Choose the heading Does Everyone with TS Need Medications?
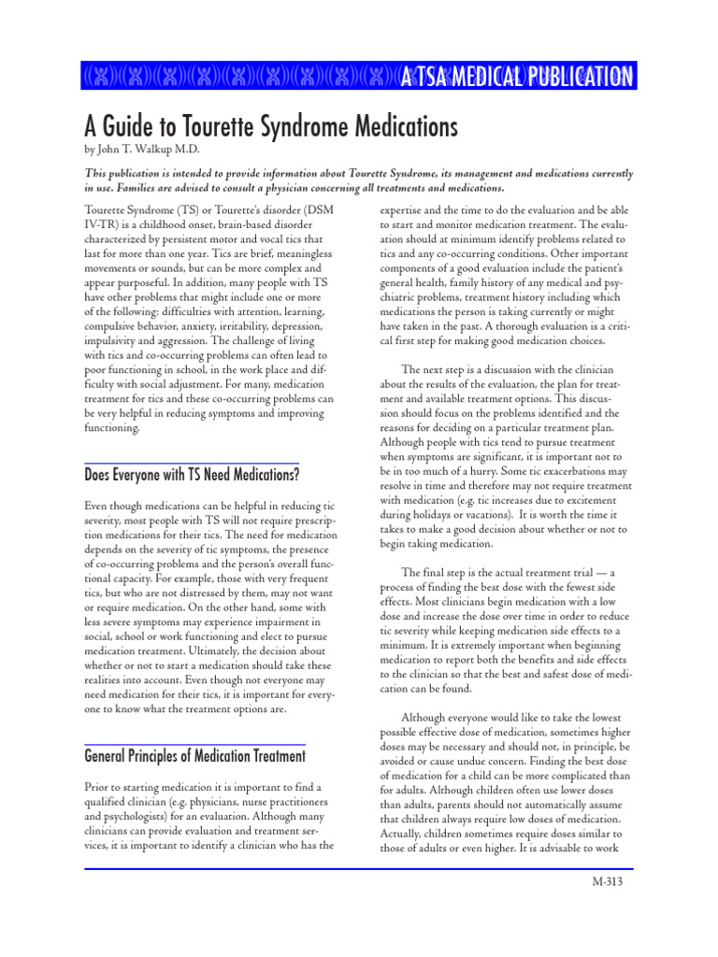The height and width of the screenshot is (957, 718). [x=192, y=475]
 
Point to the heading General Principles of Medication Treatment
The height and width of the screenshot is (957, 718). [x=194, y=755]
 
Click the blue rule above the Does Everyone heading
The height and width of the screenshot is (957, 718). [x=192, y=463]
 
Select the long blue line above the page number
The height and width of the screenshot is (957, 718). [x=359, y=868]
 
